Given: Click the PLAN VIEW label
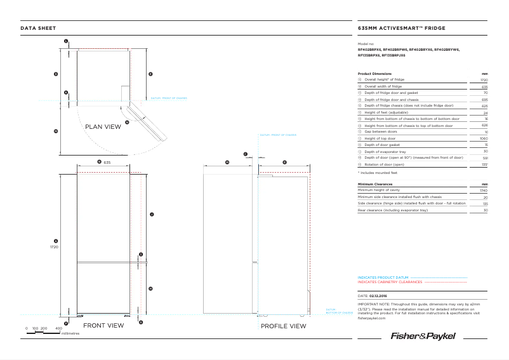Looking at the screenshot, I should tap(103, 127).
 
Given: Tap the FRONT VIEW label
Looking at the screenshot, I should tap(103, 326).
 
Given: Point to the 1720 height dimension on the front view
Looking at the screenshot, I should tap(54, 247).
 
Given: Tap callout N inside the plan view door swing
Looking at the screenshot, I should tap(127, 122).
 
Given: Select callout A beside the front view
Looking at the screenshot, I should tap(56, 241).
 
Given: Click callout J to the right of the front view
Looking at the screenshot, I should tap(151, 215).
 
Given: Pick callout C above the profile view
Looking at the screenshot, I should tap(245, 154).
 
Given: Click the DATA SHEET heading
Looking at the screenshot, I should tap(38, 29).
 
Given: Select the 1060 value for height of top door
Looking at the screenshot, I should tap(484, 138).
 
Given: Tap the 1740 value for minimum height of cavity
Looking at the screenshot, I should tap(484, 190).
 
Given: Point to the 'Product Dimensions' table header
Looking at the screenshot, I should tap(375, 74).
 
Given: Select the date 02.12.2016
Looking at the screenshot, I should tap(378, 296).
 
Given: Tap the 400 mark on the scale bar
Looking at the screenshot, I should tap(58, 328).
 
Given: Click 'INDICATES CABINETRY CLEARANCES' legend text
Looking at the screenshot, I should tap(390, 282).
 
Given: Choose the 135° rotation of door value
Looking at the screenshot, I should tap(484, 164).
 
